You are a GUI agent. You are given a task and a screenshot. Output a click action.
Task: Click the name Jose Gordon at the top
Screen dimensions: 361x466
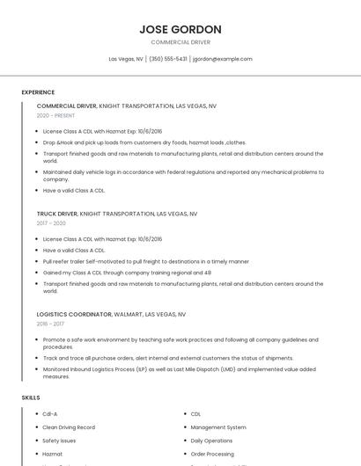180,30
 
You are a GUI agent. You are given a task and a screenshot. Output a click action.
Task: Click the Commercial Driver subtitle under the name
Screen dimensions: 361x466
180,42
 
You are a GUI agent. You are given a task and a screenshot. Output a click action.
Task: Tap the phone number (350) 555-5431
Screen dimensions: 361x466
168,59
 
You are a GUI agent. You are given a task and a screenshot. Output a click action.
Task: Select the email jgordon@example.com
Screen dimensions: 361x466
223,59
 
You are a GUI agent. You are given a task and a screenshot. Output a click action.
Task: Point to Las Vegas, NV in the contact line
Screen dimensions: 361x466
126,59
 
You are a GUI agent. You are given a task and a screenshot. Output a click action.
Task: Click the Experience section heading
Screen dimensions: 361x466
38,91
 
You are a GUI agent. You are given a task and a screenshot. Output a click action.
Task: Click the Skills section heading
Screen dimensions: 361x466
31,398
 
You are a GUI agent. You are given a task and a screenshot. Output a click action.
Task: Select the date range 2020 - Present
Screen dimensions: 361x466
55,115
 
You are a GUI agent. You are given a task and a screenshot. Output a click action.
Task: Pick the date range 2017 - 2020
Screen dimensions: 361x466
51,223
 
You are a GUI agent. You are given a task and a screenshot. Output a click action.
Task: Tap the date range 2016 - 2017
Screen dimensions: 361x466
51,324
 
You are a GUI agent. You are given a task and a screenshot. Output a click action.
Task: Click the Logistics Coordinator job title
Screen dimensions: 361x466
74,314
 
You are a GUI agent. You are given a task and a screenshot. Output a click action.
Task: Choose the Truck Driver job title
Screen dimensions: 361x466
57,214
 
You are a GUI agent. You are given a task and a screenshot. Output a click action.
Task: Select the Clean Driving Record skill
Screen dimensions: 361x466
69,427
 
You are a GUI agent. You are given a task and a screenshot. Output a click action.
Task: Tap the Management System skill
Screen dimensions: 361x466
218,427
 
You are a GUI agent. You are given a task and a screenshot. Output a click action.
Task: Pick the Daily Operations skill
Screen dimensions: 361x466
211,441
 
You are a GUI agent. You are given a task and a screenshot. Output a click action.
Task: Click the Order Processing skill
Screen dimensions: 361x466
211,454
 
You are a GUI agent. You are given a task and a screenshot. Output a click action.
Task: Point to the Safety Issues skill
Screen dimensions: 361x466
59,441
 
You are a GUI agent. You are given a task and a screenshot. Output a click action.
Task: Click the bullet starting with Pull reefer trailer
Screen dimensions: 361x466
145,261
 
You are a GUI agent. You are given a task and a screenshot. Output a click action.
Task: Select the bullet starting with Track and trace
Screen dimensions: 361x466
167,358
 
